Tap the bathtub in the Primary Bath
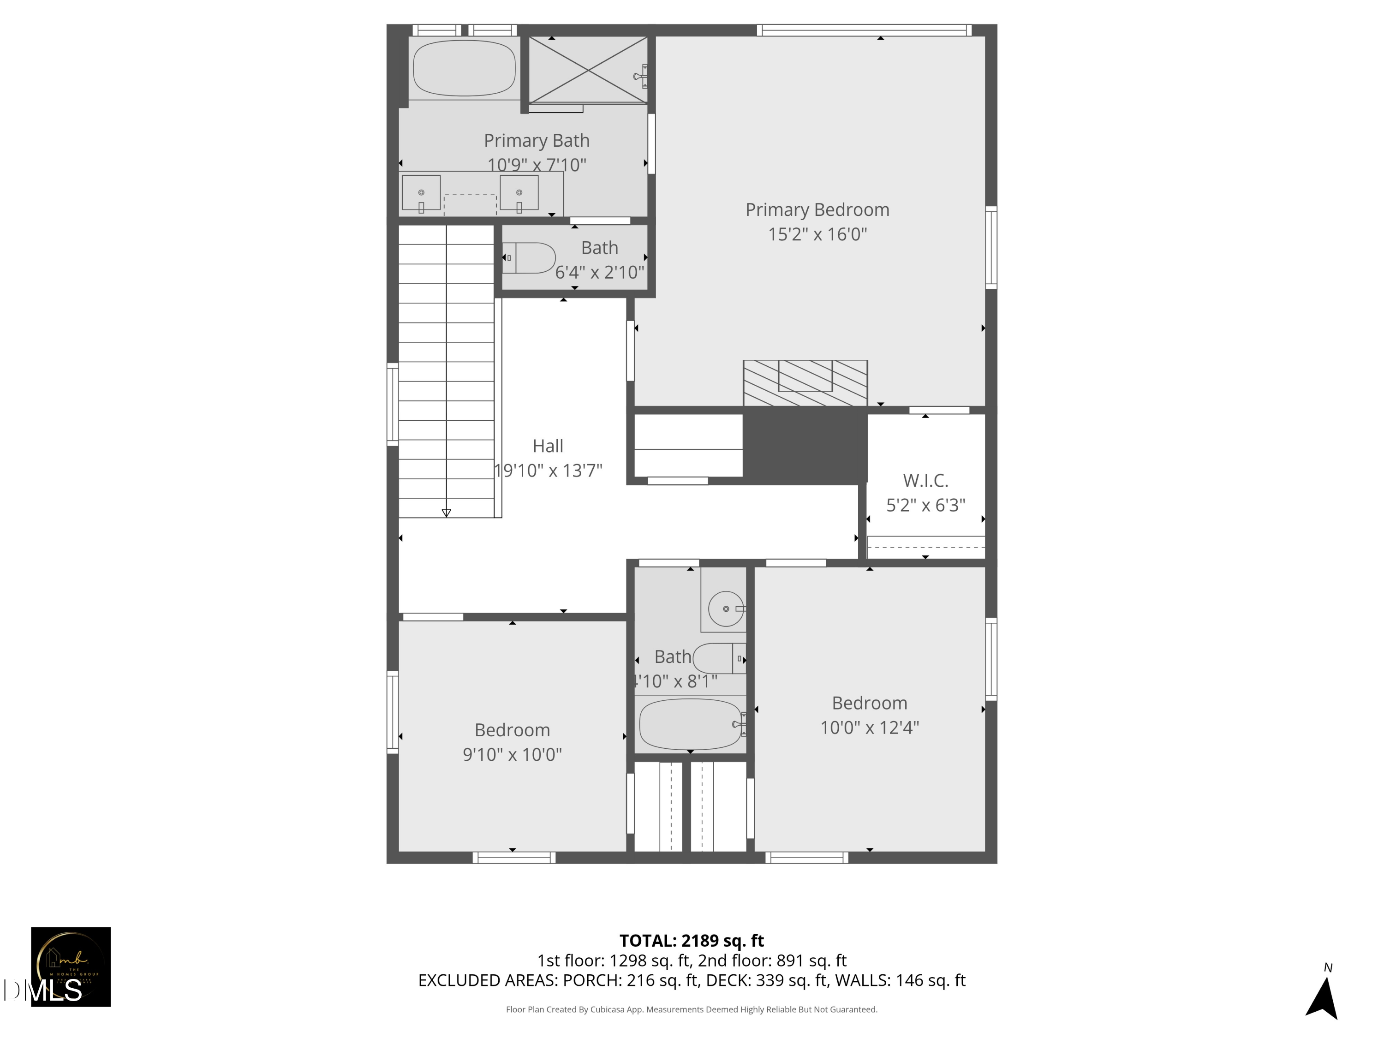coord(464,68)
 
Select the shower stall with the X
coord(588,70)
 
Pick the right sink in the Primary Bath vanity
coord(519,193)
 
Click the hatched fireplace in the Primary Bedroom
coord(805,383)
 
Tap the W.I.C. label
coord(925,481)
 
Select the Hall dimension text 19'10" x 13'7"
coord(548,471)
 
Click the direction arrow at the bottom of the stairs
coord(446,513)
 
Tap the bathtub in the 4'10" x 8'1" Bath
coord(691,724)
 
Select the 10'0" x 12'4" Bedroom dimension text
coord(869,728)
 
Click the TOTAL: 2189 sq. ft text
coord(692,940)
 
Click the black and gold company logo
coord(71,966)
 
